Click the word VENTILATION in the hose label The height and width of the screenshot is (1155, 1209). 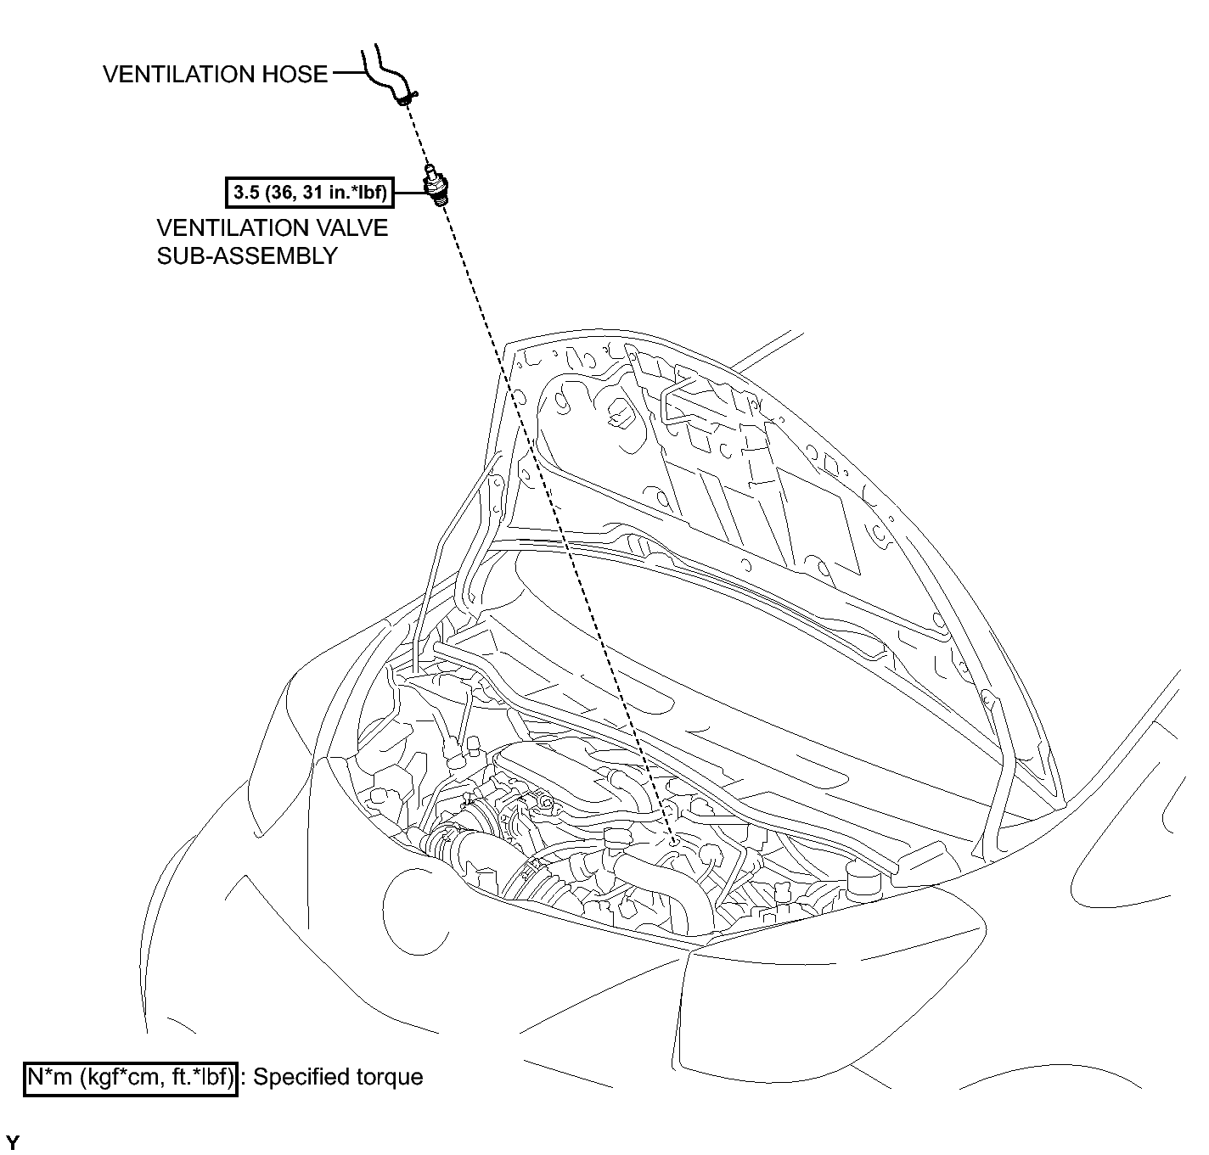coord(178,74)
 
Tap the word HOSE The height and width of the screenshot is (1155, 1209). coord(295,74)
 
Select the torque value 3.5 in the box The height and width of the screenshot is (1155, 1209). coord(246,193)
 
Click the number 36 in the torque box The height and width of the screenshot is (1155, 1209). coord(280,193)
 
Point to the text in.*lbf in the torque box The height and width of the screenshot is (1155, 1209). coord(357,193)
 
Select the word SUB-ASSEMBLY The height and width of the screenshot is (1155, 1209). coord(247,255)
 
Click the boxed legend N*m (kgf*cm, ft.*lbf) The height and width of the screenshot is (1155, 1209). coord(131,1076)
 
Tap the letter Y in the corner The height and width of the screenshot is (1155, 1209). coord(12,1142)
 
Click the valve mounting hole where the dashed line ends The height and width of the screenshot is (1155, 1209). coord(674,843)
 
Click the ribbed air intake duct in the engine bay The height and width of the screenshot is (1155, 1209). coord(478,859)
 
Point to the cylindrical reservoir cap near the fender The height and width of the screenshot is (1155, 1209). coord(863,881)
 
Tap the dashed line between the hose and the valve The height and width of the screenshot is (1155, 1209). coord(417,134)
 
